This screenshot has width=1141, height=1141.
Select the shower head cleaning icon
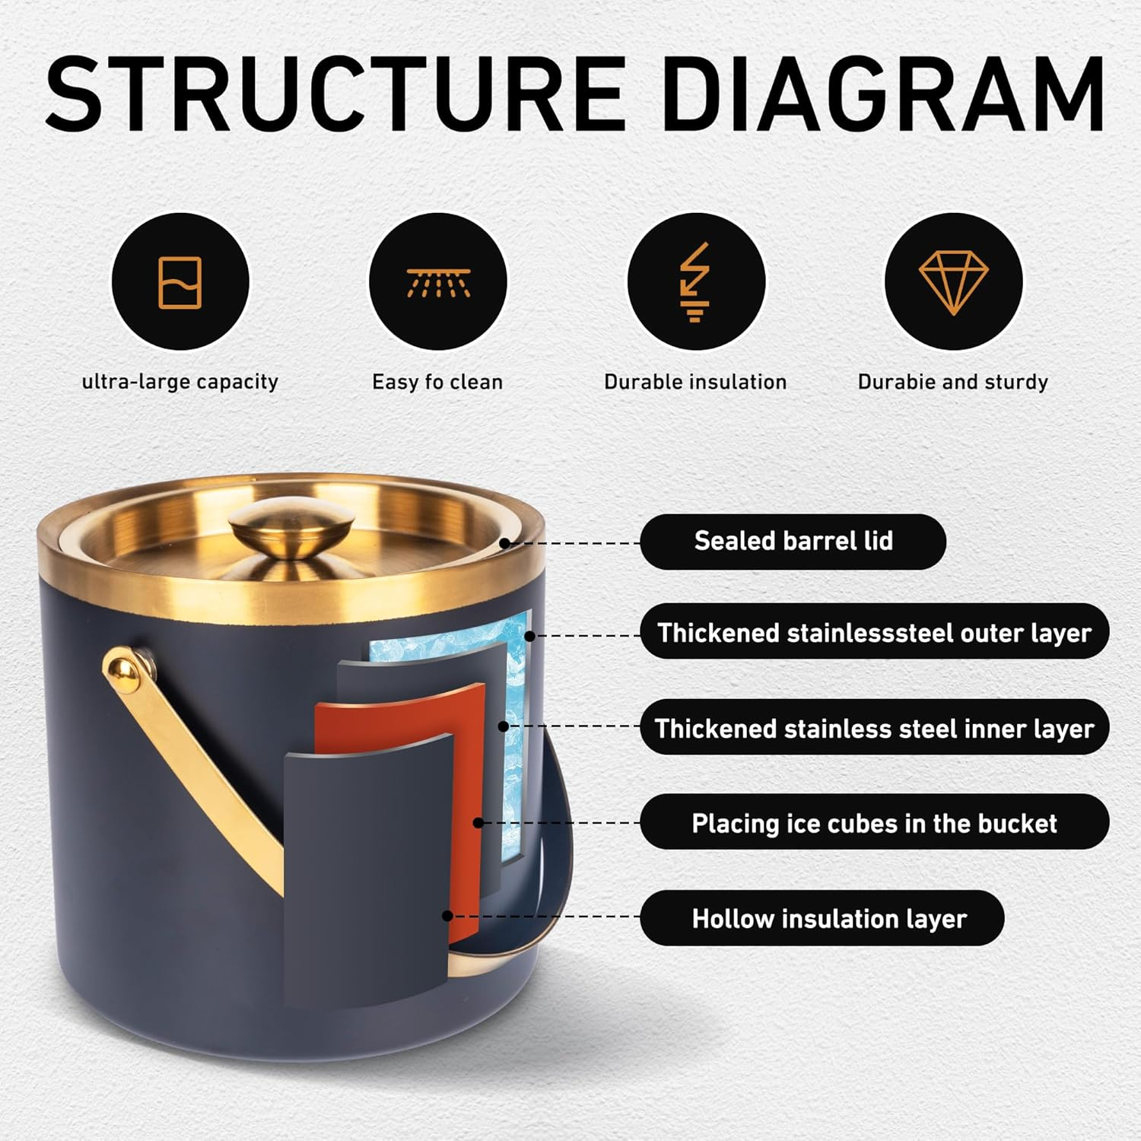pos(438,282)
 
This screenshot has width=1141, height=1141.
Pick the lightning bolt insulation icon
pos(695,282)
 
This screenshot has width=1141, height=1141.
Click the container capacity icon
pos(180,282)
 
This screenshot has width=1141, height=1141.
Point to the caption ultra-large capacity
pos(180,382)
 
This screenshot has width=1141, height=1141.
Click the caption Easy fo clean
pos(437,382)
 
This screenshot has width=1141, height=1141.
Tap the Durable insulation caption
pos(695,382)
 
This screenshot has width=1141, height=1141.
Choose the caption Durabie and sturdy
pos(953,382)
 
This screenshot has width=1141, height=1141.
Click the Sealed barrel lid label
pos(793,541)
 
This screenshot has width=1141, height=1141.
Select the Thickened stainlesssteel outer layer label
pos(875,632)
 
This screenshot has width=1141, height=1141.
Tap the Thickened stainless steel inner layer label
pos(875,728)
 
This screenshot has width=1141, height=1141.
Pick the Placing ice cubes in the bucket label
pos(875,823)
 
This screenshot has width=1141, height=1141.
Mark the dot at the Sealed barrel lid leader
pos(504,543)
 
